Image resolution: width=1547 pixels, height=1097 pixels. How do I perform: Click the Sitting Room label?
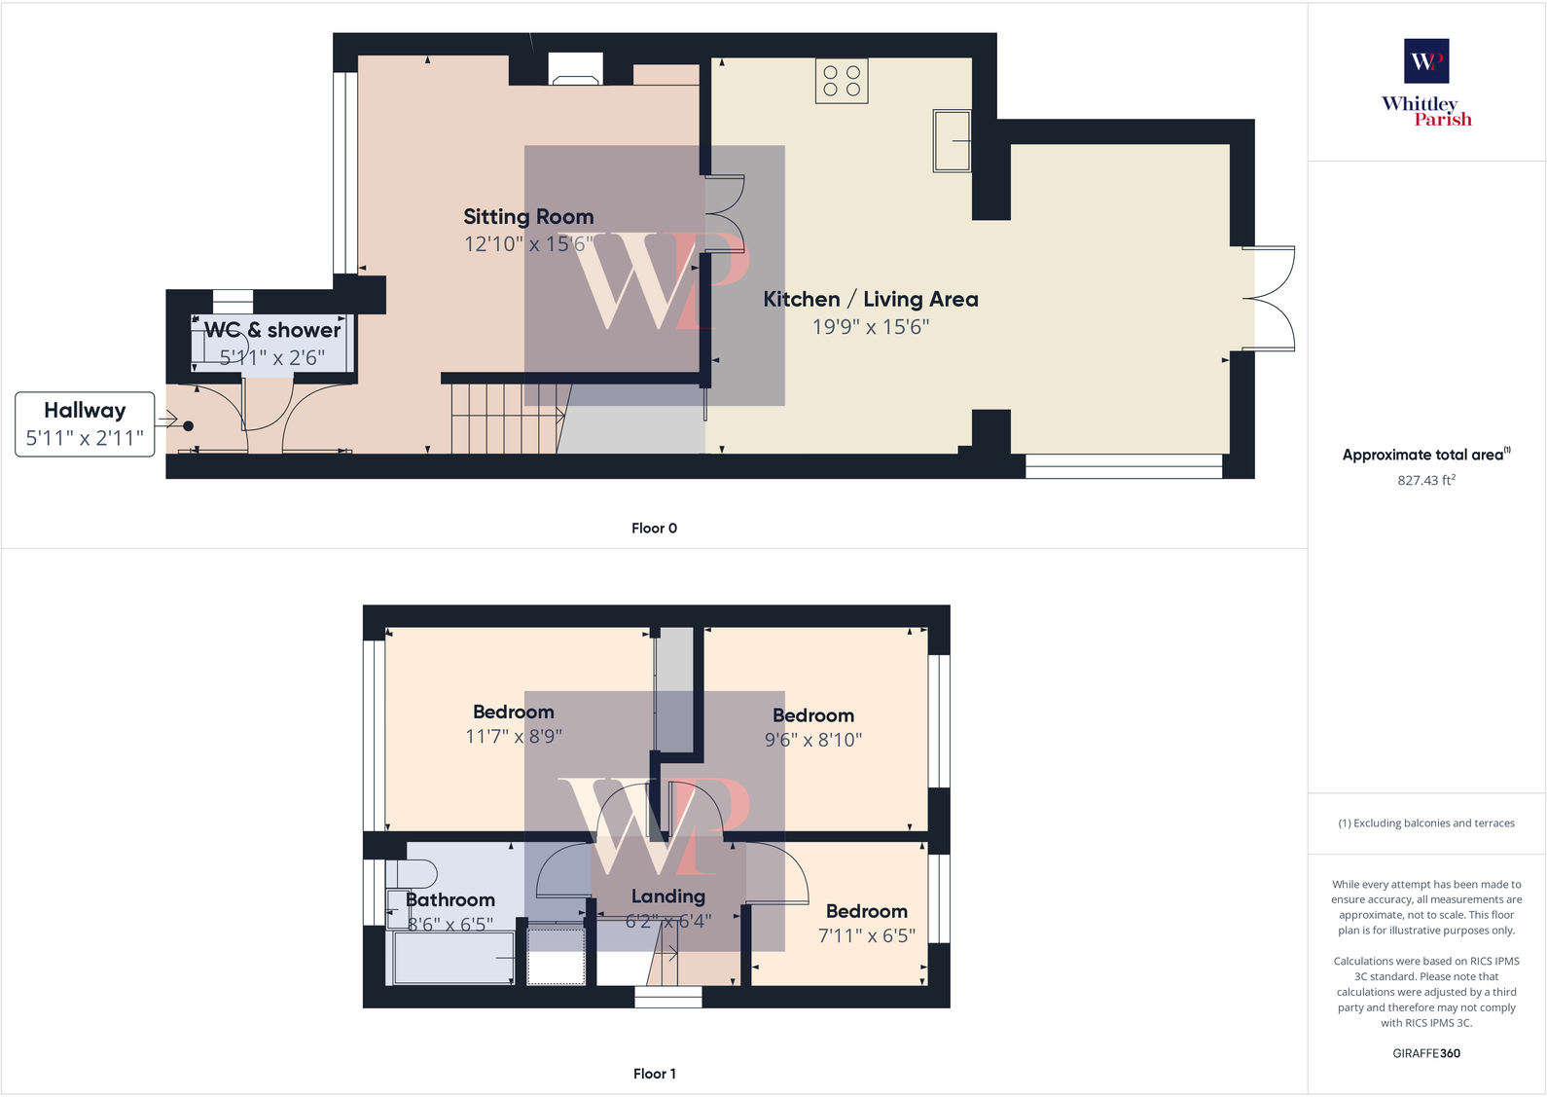(528, 217)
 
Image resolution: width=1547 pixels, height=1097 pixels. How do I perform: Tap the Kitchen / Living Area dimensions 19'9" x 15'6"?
(871, 327)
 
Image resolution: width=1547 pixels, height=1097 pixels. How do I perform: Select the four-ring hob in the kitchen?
(842, 81)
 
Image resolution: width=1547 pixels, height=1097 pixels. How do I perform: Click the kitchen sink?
(952, 141)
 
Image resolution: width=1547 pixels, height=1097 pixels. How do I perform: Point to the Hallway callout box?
(85, 424)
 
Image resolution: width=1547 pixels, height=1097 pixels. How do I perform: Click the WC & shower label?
(272, 330)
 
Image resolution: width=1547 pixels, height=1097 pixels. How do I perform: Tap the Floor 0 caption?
(654, 529)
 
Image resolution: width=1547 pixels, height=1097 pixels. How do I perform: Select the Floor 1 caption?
(654, 1074)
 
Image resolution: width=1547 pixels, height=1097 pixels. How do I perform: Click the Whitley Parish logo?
(1426, 84)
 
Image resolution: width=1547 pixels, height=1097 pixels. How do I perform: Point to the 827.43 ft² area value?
(1426, 480)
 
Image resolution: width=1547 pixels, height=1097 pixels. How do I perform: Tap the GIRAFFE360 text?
(1426, 1053)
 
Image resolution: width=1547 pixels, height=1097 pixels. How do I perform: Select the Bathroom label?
(450, 900)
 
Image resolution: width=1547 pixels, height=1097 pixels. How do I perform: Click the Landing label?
(668, 896)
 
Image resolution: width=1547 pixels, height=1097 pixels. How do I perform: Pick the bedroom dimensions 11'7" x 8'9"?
(514, 737)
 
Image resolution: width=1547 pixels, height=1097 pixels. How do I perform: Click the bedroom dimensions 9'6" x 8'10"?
(813, 740)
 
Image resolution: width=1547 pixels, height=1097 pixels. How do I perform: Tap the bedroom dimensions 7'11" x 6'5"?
(867, 935)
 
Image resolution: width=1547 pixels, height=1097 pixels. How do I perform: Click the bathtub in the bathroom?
(453, 958)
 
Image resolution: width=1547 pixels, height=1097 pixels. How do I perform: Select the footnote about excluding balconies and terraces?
(1426, 823)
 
